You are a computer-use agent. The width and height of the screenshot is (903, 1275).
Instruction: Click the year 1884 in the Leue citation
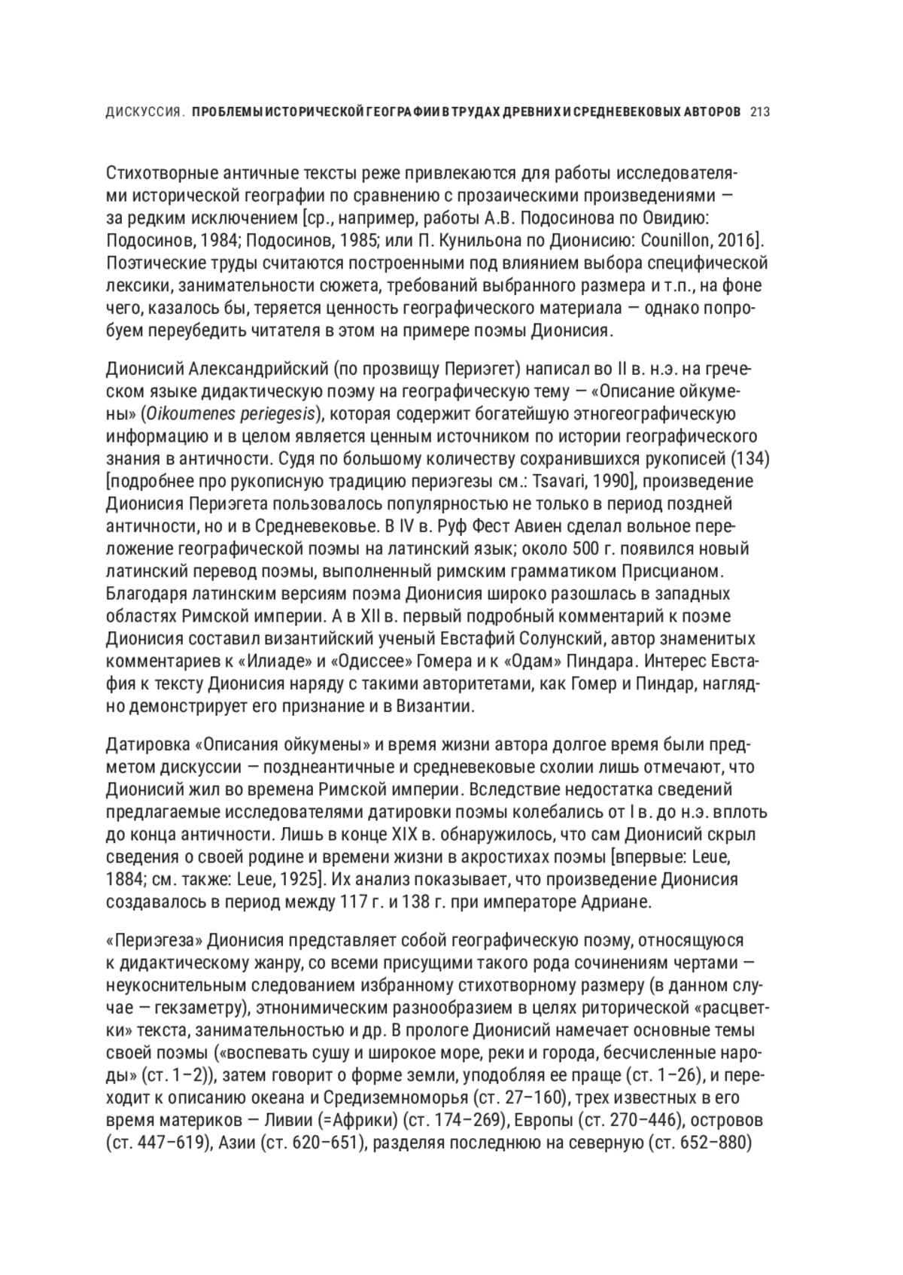coord(125,879)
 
